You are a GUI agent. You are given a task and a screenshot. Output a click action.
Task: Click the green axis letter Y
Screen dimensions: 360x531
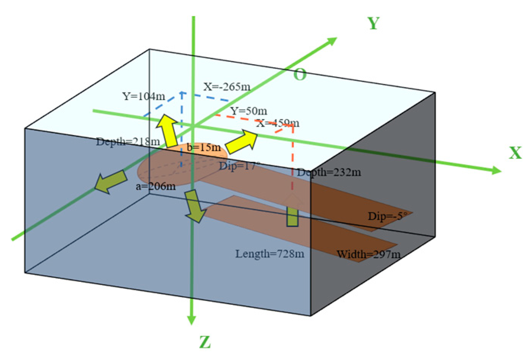[x=373, y=24]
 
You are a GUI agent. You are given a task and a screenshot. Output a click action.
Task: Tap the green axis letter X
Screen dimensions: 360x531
[x=515, y=153]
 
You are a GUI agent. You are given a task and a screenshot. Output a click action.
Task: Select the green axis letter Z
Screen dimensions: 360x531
[x=205, y=342]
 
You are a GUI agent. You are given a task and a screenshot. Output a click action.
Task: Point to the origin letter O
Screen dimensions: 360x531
[x=300, y=75]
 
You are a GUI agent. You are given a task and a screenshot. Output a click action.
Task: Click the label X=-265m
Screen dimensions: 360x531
[x=227, y=87]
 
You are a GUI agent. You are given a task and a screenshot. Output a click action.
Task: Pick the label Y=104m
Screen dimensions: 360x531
[x=144, y=96]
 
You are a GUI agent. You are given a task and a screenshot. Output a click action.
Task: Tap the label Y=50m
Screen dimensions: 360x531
[x=248, y=111]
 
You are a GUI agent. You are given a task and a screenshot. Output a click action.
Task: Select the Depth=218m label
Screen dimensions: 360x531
[x=128, y=142]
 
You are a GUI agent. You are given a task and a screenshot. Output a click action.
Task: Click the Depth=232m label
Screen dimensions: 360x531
[x=329, y=172]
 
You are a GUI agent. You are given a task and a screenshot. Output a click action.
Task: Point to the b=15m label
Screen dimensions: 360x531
[x=203, y=147]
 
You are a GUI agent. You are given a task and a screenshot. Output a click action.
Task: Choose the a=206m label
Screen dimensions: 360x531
[x=156, y=186]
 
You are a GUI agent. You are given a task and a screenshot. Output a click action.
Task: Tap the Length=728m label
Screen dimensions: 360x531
[x=270, y=253]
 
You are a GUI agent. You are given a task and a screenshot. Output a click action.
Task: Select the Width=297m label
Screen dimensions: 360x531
[x=368, y=254]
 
